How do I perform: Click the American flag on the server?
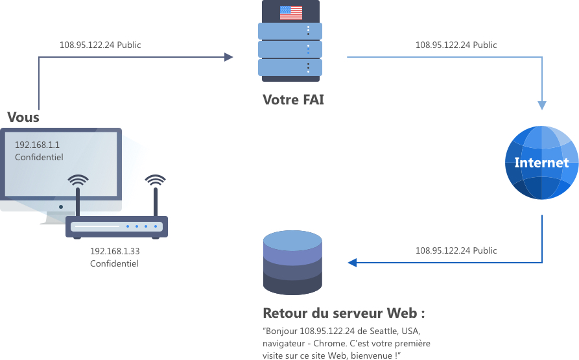coord(290,12)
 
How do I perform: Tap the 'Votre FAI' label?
coord(293,100)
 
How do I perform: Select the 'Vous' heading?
coord(23,117)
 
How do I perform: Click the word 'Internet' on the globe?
coord(541,162)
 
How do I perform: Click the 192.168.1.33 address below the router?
coord(115,252)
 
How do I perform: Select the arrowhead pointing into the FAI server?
coord(228,57)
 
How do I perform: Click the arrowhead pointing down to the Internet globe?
coord(542,105)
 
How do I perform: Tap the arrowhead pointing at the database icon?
coord(353,263)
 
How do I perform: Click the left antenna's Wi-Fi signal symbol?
coord(78,180)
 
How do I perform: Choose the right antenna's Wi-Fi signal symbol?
coord(155,180)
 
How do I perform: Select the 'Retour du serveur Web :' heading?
coord(344,313)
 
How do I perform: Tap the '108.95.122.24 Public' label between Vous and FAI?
coord(100,45)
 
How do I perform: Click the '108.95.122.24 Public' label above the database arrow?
coord(456,250)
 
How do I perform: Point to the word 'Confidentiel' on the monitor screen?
coord(39,158)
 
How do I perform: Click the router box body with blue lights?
coord(117,226)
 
